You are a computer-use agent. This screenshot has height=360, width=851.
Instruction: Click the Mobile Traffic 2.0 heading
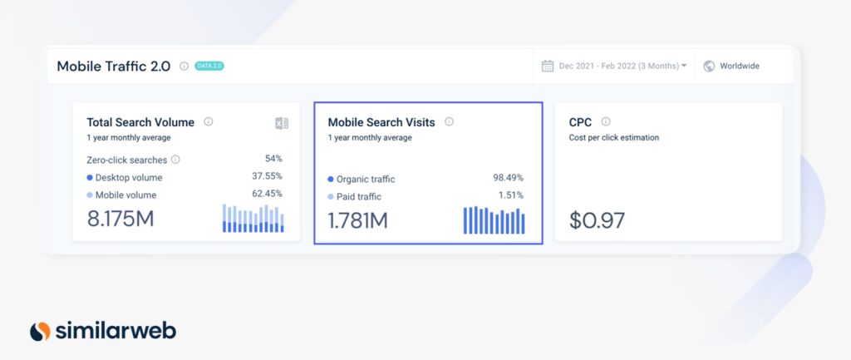click(115, 67)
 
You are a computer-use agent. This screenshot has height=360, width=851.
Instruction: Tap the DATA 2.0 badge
click(209, 67)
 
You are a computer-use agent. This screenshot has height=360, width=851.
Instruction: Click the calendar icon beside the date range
click(548, 67)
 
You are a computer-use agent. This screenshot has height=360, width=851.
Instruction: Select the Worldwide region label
click(739, 67)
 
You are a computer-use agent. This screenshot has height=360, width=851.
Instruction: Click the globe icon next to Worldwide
click(709, 67)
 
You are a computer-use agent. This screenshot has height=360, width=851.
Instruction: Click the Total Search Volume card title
click(140, 122)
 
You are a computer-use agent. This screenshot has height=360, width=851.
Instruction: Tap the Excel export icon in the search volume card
click(282, 123)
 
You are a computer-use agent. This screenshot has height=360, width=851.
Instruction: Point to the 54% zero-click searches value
click(273, 159)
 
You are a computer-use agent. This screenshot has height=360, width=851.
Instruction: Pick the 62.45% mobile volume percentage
click(267, 194)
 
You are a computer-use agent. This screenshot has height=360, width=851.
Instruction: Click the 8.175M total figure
click(121, 219)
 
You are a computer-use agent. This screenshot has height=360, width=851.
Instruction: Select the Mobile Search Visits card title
click(381, 122)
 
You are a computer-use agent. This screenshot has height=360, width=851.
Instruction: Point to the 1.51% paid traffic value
click(509, 195)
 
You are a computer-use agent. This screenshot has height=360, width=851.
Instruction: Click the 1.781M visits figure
click(357, 220)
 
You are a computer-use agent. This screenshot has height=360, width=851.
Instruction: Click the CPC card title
click(580, 122)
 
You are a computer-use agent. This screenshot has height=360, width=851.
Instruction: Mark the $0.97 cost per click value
click(597, 220)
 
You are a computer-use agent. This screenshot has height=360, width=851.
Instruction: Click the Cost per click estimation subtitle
click(613, 138)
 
